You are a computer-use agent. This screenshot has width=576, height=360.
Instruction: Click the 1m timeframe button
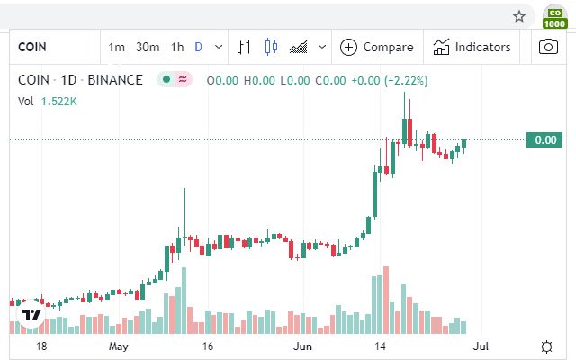click(116, 47)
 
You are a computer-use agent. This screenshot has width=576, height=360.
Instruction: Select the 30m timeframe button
click(147, 47)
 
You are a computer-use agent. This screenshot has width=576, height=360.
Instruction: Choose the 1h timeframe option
click(177, 47)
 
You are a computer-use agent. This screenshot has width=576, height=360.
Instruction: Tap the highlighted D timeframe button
click(199, 47)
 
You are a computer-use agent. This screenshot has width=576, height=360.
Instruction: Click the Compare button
click(377, 47)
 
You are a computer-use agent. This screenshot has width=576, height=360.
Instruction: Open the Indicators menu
click(472, 47)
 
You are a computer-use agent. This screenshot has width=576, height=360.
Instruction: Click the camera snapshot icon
click(548, 47)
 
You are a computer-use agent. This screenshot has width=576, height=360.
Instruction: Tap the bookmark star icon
click(519, 15)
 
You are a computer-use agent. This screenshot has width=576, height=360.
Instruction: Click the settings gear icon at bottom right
click(546, 346)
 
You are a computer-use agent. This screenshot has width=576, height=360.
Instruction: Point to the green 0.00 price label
click(544, 139)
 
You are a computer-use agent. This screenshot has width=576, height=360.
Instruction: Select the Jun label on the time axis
click(303, 346)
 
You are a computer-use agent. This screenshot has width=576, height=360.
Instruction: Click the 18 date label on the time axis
click(40, 346)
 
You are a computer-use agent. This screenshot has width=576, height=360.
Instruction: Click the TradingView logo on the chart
click(31, 313)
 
